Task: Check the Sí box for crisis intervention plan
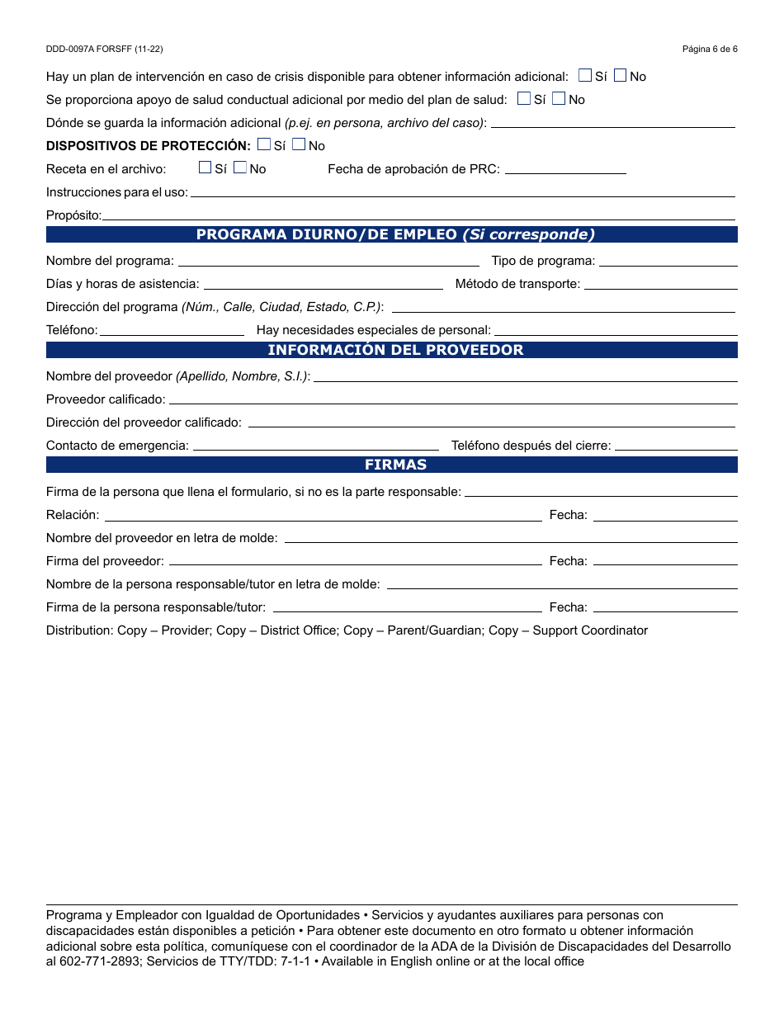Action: point(585,76)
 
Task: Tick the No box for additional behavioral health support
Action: point(559,99)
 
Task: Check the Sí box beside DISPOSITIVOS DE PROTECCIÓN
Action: point(264,144)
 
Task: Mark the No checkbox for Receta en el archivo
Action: point(240,168)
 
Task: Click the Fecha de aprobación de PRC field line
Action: point(564,170)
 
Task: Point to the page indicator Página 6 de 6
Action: point(710,50)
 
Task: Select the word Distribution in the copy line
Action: point(79,630)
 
